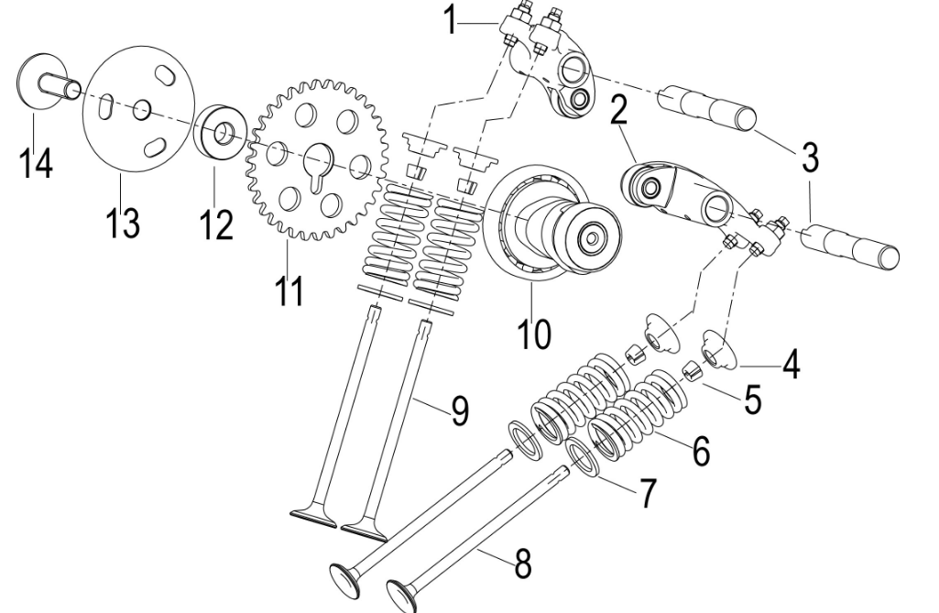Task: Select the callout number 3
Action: point(809,157)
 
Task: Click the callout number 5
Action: point(752,400)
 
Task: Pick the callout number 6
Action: point(701,450)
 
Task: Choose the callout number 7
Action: point(648,493)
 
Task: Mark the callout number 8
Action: point(523,564)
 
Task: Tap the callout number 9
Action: point(459,411)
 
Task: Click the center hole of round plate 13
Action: point(142,109)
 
